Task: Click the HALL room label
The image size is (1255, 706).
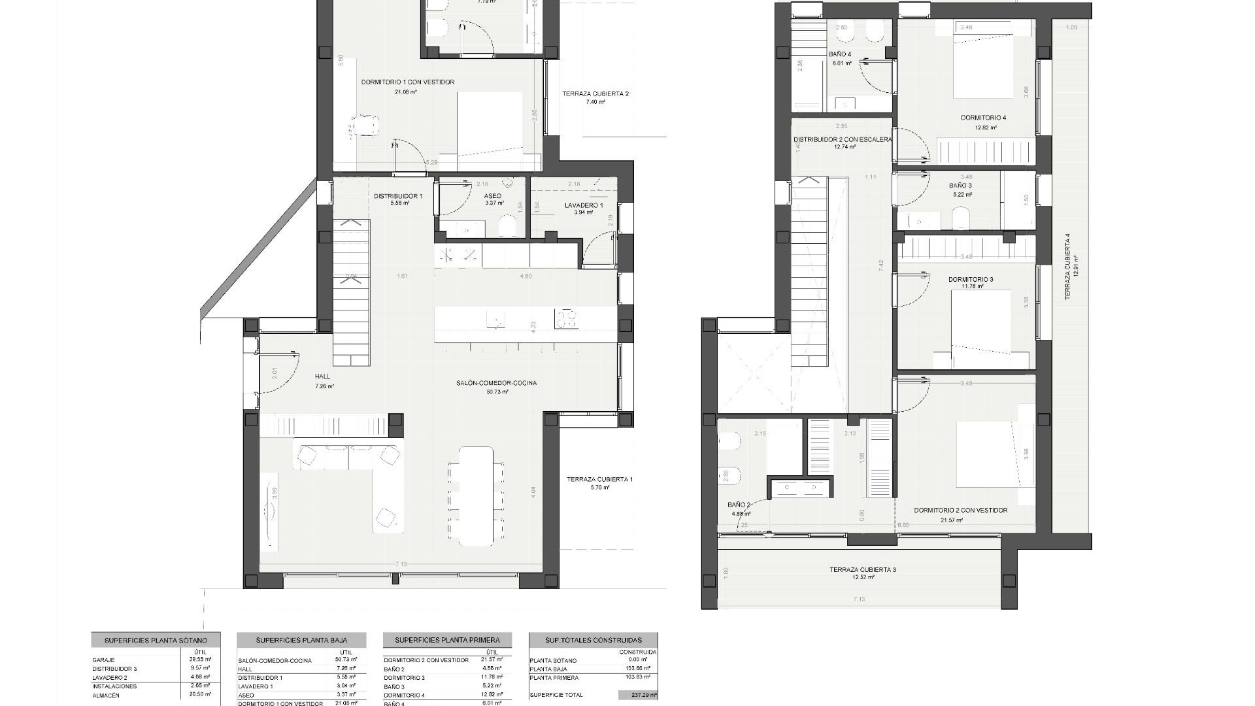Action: (322, 377)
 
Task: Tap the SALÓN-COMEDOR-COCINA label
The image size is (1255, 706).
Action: (496, 383)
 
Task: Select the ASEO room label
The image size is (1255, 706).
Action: (492, 196)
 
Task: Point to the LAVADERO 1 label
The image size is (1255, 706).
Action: (584, 205)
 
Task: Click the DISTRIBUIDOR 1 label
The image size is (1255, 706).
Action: (398, 196)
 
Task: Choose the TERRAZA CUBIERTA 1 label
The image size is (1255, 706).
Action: (599, 480)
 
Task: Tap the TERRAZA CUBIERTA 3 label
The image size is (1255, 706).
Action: (863, 570)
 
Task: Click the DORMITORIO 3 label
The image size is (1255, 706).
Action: (971, 280)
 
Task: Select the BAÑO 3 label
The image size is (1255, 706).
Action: (960, 186)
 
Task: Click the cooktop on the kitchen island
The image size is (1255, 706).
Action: (566, 319)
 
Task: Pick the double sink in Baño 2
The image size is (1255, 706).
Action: (801, 487)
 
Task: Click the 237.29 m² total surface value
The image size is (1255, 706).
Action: (638, 696)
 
